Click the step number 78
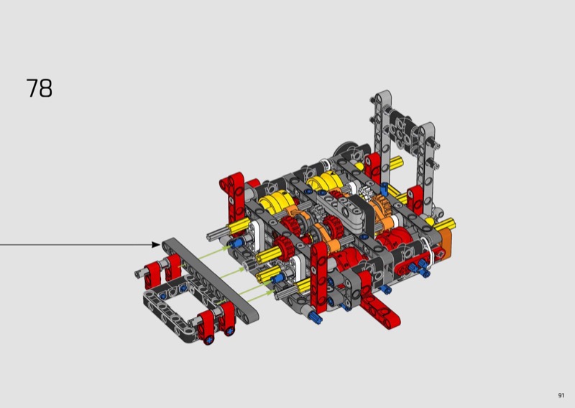40,88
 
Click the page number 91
561,395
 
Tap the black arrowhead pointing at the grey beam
156,244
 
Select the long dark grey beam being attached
211,278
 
